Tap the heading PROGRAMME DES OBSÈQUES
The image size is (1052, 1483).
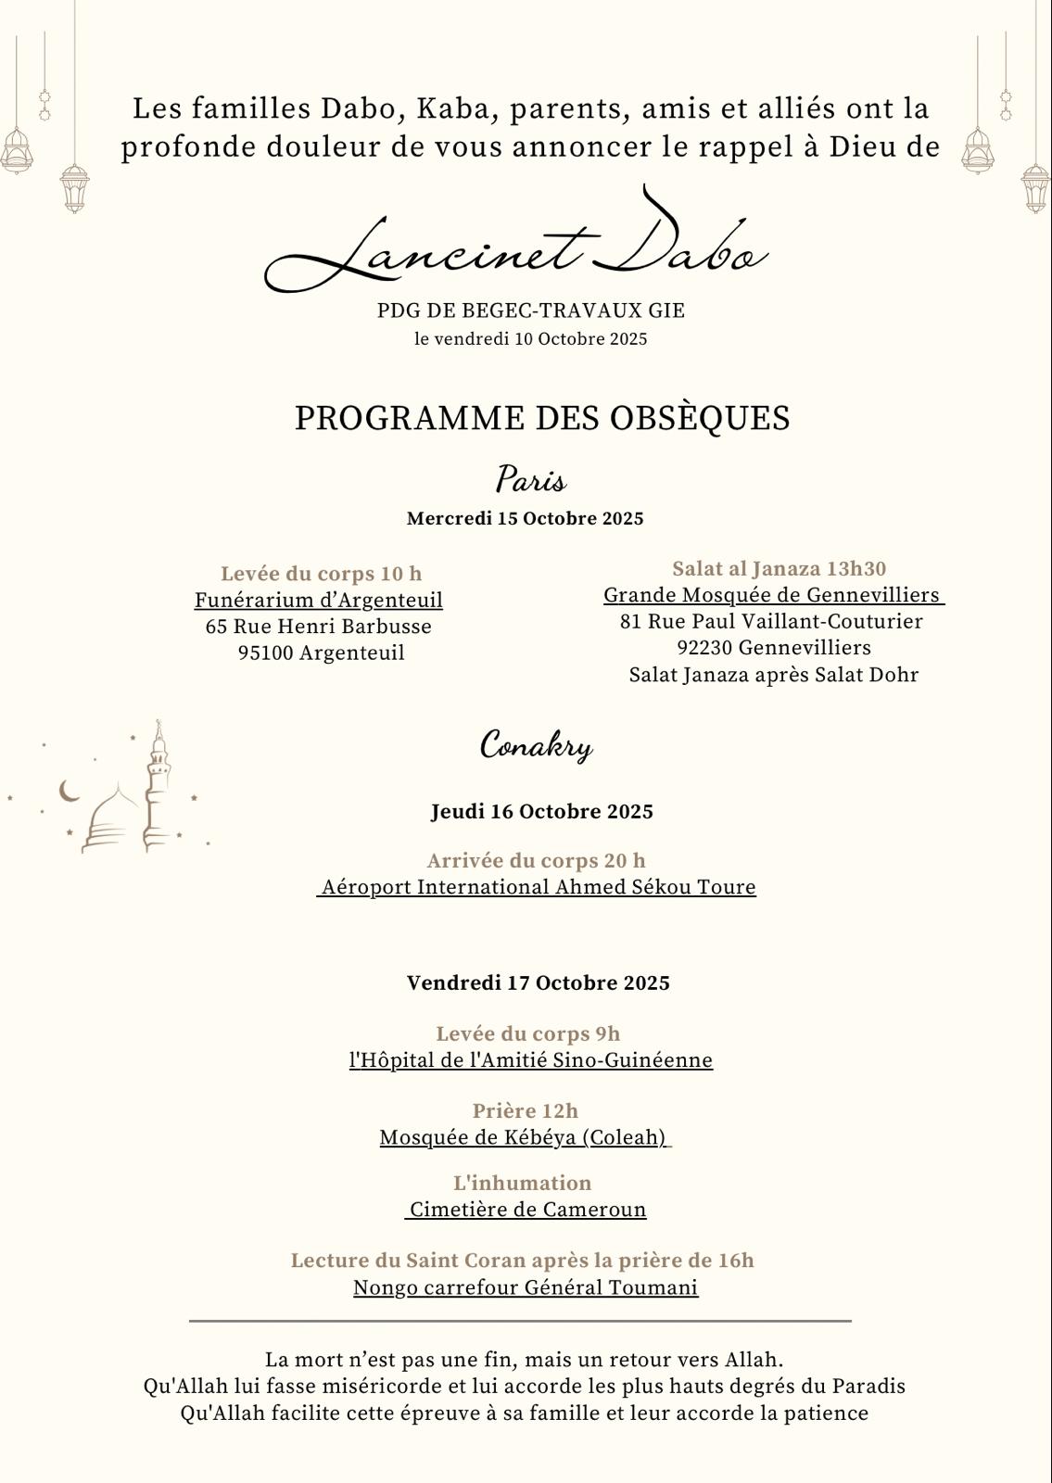tap(542, 418)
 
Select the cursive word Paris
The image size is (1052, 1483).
tap(530, 480)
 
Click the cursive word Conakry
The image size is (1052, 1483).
tap(536, 745)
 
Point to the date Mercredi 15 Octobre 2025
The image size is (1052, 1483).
tap(525, 518)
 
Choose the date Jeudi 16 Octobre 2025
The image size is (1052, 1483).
tap(541, 812)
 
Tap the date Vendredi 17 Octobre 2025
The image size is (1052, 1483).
tap(538, 982)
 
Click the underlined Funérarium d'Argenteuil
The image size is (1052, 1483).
tap(318, 600)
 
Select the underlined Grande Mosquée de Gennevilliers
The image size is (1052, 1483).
tap(772, 595)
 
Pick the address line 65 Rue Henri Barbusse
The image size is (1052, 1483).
tap(318, 627)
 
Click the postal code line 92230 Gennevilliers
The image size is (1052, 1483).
tap(773, 647)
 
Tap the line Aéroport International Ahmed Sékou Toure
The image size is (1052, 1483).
tap(538, 887)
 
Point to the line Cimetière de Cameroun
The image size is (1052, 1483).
tap(527, 1210)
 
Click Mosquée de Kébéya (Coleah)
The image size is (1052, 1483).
tap(524, 1137)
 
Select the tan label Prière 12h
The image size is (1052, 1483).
tap(525, 1110)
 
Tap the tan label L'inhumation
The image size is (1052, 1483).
tap(522, 1183)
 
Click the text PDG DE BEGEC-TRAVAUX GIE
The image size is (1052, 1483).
tap(530, 311)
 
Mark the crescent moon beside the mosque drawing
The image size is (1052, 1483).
tap(69, 791)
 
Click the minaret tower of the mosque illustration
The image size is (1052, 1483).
tap(158, 788)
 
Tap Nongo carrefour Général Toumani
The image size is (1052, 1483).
tap(525, 1287)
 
